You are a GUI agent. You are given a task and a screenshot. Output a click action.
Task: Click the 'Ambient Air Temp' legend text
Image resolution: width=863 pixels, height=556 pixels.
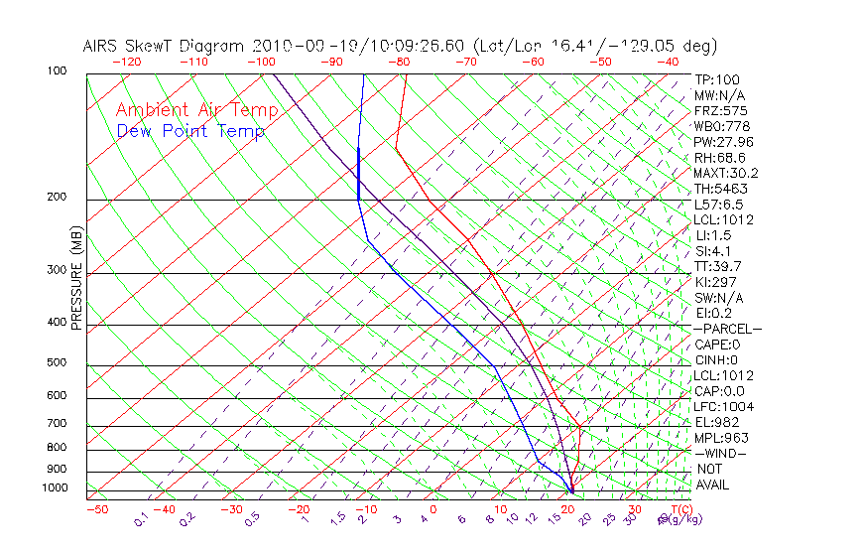pos(196,110)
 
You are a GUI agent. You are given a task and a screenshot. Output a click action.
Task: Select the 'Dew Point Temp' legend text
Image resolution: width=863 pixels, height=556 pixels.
pos(190,131)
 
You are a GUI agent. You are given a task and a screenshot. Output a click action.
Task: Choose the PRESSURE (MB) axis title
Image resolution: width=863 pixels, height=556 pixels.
pos(76,282)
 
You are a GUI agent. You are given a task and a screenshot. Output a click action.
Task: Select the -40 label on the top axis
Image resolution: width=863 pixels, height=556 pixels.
pos(668,62)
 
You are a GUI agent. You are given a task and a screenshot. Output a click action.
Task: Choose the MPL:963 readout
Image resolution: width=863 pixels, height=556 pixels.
pos(721,438)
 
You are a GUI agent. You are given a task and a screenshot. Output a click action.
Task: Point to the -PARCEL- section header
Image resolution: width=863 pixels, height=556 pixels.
pos(727,329)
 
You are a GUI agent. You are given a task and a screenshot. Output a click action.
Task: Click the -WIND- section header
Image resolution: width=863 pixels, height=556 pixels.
pos(720,454)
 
